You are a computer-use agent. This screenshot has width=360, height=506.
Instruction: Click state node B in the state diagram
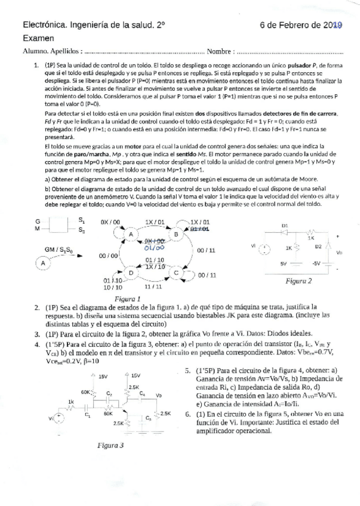click(177, 235)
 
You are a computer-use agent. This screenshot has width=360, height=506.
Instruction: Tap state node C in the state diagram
click(177, 271)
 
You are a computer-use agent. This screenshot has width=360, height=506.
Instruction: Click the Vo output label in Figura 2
click(339, 252)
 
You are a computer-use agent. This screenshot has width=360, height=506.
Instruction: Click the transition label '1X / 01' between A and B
click(154, 222)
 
